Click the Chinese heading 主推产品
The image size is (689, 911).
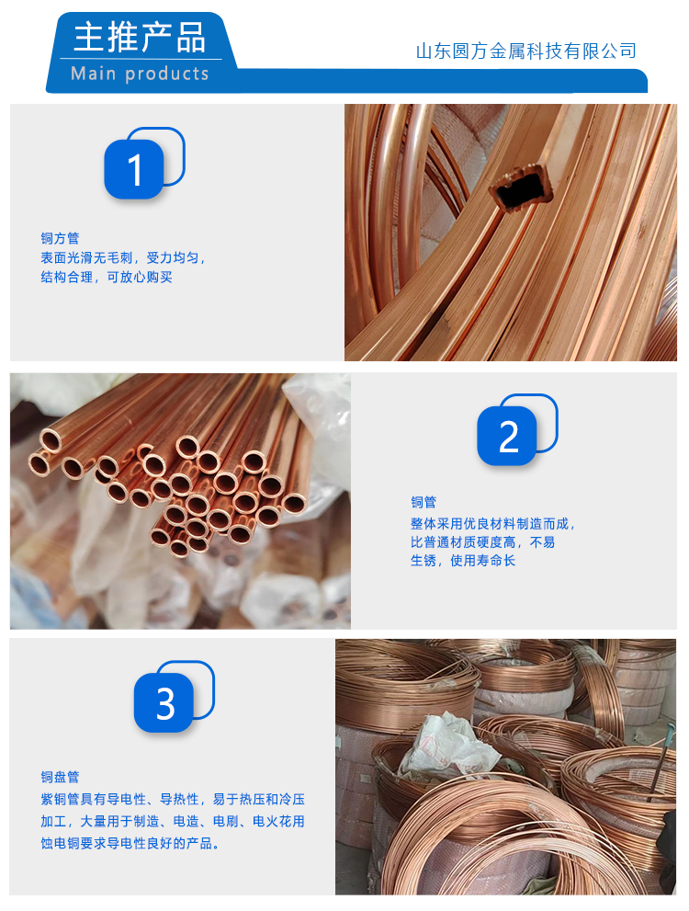coord(140,37)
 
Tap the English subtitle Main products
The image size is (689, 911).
coord(140,74)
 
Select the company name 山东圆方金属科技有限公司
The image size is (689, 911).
coord(525,51)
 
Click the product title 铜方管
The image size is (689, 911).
coord(60,238)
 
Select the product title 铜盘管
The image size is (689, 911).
coord(60,777)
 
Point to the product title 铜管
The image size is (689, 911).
coord(424,502)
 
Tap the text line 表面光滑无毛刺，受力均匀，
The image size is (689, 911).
coord(123,258)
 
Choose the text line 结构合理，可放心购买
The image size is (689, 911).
coord(107,277)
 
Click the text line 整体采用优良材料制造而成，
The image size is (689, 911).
coord(492,523)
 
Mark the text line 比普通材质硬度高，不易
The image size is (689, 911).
coord(483,542)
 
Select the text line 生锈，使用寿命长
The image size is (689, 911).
coord(463,561)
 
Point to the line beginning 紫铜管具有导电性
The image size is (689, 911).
coord(173,800)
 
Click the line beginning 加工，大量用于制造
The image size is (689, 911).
coord(173,821)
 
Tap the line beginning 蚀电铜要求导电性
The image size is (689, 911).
coord(130,843)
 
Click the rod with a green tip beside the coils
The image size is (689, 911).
coord(661,762)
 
